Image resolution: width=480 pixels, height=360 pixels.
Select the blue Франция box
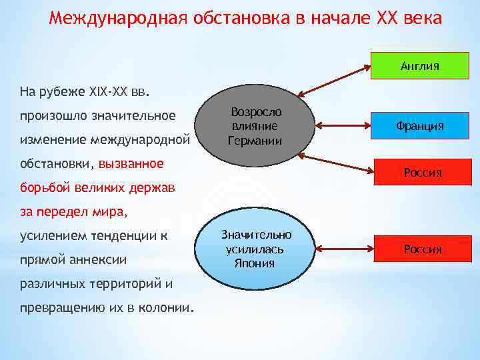419,125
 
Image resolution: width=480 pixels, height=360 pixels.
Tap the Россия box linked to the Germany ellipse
419,173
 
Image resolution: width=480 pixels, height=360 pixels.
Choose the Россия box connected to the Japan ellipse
419,249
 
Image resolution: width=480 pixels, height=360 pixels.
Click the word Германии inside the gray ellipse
255,141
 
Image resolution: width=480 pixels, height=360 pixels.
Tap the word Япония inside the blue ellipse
255,263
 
